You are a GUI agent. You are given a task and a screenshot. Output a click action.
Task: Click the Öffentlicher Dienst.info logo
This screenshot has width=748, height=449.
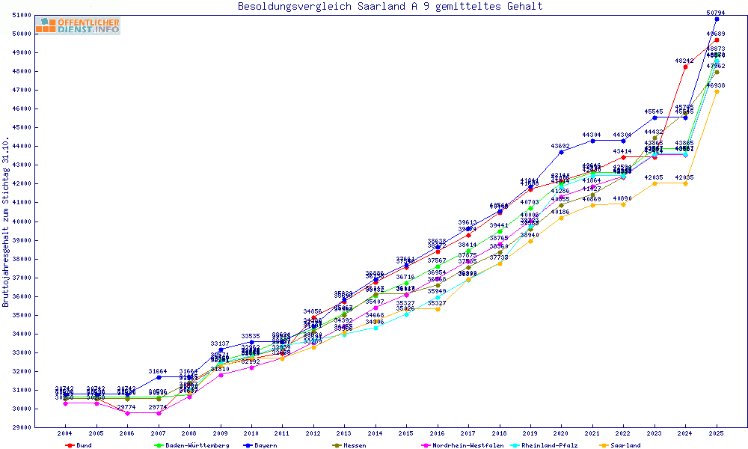point(78,25)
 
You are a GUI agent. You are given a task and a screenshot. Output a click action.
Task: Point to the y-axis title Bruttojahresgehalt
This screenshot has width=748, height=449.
point(7,222)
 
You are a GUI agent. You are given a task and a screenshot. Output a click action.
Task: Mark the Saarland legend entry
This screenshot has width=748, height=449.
point(625,445)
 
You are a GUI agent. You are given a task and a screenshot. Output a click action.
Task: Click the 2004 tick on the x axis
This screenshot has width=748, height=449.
point(64,433)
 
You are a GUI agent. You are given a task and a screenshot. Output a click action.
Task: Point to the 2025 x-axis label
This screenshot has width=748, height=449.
point(717,433)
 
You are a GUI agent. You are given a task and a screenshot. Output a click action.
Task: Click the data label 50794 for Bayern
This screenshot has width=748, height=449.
point(717,13)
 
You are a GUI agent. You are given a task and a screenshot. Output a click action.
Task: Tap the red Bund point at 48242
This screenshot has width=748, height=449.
point(685,67)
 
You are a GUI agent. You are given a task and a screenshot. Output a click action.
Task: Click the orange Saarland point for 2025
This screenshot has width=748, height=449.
point(717,91)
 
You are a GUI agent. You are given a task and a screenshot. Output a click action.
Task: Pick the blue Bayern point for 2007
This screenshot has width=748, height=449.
point(158,377)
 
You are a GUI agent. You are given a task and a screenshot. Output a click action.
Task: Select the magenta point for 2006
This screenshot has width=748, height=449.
point(127,412)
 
